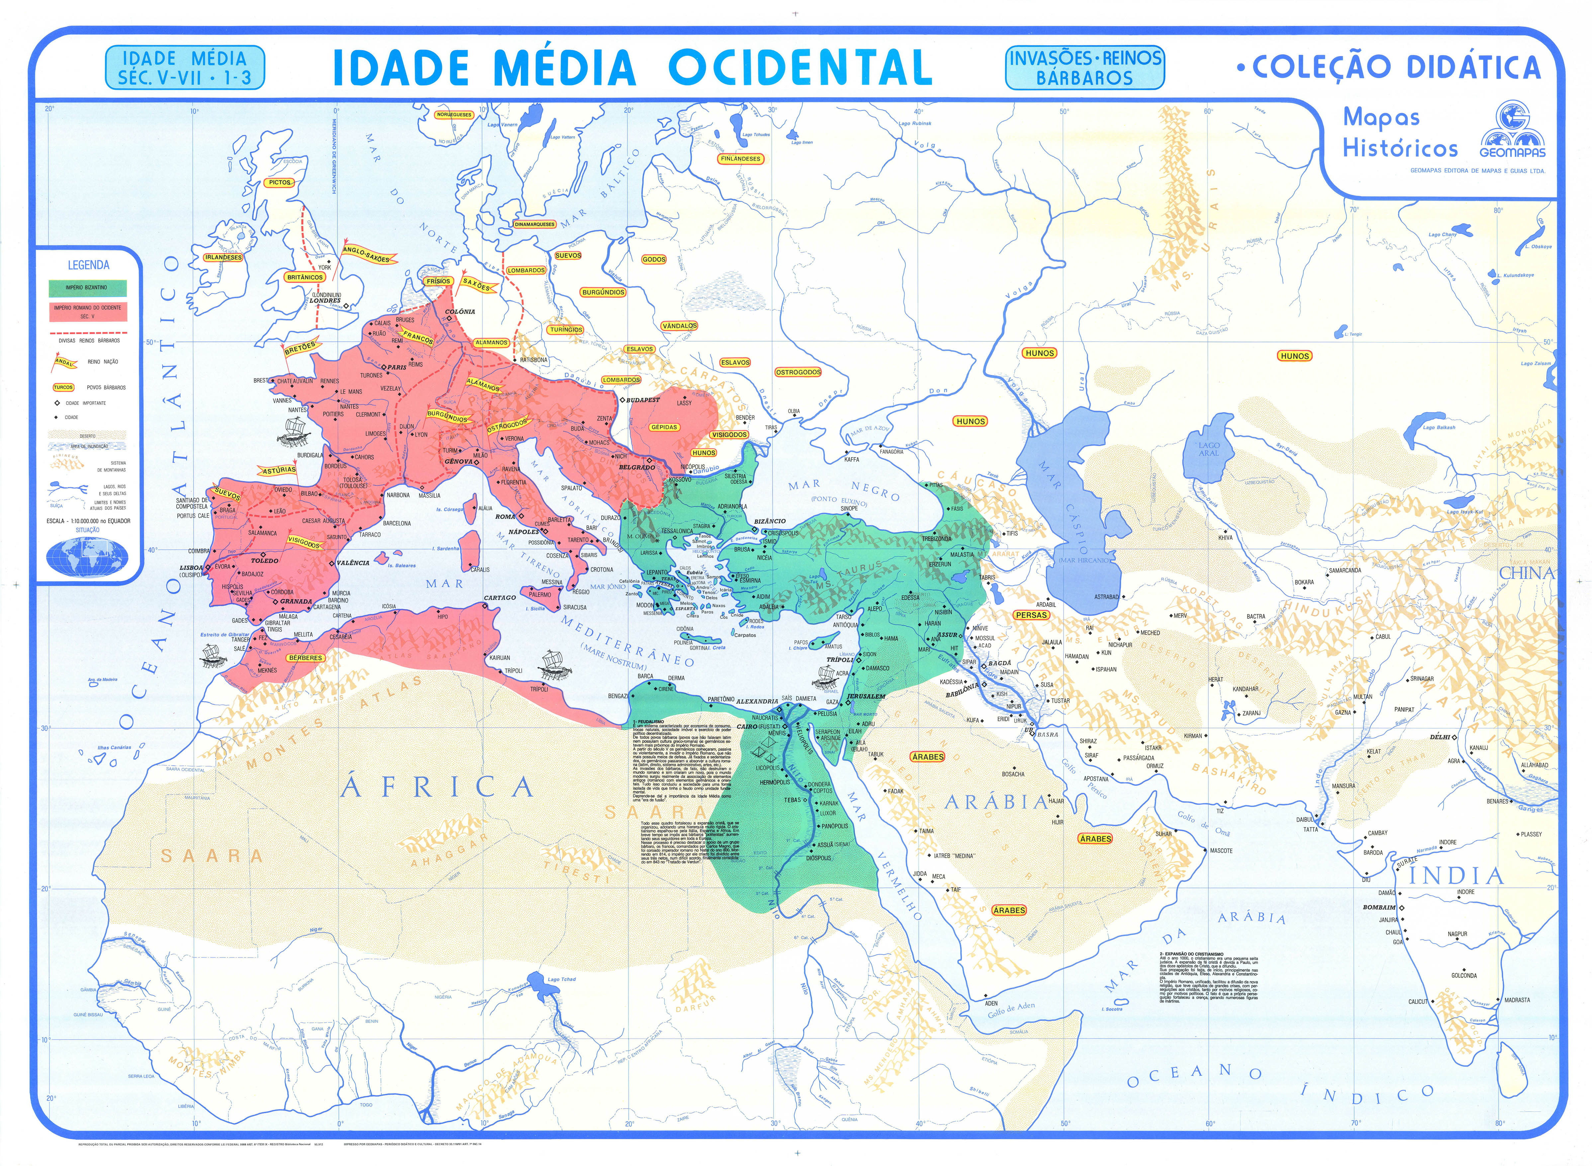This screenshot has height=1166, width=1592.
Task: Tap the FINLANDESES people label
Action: coord(741,159)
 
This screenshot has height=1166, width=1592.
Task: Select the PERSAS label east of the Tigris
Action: coord(1031,615)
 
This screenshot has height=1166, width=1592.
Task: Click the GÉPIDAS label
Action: coord(664,427)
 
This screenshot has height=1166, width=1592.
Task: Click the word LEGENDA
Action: coord(88,265)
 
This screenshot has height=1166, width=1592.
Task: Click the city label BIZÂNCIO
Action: coord(770,521)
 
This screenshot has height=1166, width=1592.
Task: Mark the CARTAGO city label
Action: coord(500,598)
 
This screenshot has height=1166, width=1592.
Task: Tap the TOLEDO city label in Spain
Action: coord(265,560)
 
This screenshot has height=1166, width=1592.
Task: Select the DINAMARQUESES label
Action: coord(534,224)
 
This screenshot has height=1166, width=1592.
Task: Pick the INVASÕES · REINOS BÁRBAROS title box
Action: coord(1084,68)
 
